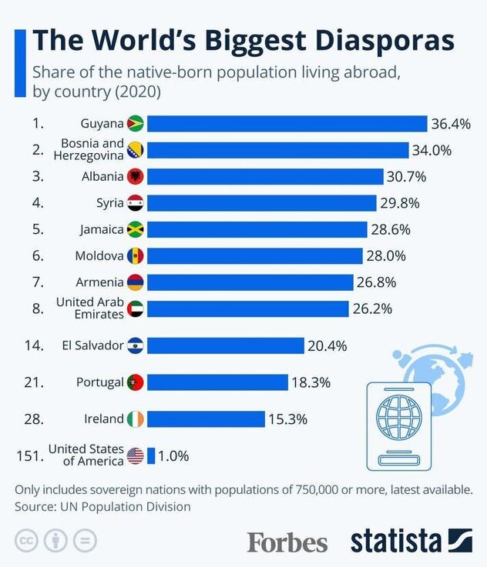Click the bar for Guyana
(x=287, y=124)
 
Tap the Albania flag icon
(x=136, y=176)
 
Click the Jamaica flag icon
(x=136, y=229)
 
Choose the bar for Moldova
(x=254, y=255)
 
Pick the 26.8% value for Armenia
(x=374, y=282)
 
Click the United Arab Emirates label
(x=89, y=309)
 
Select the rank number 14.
(x=33, y=345)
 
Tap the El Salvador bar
(x=225, y=345)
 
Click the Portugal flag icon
(x=136, y=382)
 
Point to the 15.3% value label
(x=287, y=419)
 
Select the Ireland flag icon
(x=136, y=419)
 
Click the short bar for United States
(x=151, y=455)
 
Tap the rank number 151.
(x=29, y=455)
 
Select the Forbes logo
(x=287, y=542)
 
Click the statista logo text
(x=396, y=540)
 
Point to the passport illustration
(x=398, y=422)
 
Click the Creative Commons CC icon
(x=25, y=541)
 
